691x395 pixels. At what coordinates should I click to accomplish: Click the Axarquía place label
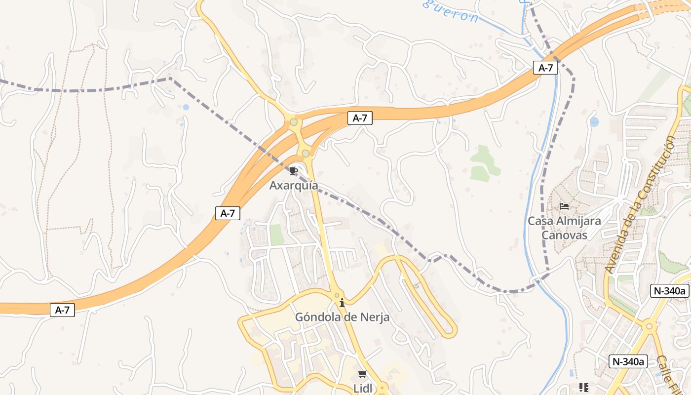click(294, 186)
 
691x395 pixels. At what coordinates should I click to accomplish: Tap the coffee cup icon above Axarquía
click(294, 171)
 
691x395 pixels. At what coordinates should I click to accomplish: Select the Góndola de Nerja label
click(342, 317)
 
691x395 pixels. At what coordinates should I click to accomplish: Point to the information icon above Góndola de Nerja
click(342, 303)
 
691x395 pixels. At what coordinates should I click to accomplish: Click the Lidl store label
click(363, 388)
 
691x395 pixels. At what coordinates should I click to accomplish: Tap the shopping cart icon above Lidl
click(363, 374)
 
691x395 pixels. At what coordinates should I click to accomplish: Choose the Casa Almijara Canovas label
click(565, 228)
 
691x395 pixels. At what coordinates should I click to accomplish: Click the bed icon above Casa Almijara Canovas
click(564, 206)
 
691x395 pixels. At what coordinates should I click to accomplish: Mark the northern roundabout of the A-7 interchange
click(294, 122)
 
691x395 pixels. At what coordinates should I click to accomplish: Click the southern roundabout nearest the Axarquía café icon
click(306, 154)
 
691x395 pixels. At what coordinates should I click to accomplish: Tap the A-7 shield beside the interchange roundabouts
click(360, 118)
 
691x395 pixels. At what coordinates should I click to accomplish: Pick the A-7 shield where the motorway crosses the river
click(545, 68)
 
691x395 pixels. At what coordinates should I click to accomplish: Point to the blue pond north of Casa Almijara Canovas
click(594, 121)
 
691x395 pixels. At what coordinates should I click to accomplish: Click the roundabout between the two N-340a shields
click(650, 326)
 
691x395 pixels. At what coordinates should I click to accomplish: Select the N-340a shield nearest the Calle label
click(628, 361)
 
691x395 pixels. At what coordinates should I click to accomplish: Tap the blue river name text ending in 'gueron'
click(449, 11)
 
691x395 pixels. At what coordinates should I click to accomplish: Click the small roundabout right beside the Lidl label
click(382, 388)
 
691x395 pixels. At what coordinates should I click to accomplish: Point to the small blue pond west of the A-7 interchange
click(186, 107)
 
